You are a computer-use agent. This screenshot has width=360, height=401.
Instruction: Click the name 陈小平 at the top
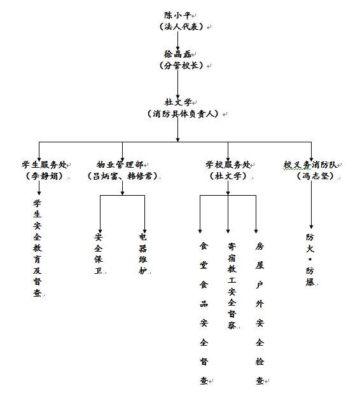[x=177, y=15]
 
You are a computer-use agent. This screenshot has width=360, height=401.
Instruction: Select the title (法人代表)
[x=181, y=26]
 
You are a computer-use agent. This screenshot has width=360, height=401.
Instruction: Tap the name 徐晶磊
[x=177, y=54]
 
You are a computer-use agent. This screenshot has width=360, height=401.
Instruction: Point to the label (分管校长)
[x=181, y=65]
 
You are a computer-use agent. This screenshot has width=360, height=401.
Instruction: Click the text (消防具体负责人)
[x=183, y=114]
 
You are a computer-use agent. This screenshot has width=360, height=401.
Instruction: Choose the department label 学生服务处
[x=44, y=165]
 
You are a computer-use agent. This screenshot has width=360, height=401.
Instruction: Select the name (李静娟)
[x=45, y=175]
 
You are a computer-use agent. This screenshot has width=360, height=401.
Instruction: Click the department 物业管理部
[x=120, y=165]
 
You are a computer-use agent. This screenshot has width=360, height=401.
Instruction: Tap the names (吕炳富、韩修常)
[x=122, y=175]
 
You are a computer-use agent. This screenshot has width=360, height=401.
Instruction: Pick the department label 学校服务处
[x=228, y=165]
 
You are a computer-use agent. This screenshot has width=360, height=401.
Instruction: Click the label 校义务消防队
[x=310, y=165]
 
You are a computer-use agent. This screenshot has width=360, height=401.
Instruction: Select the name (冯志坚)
[x=315, y=175]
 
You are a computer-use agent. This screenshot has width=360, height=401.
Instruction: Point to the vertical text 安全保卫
[x=99, y=254]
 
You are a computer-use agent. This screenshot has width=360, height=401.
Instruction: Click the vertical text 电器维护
[x=143, y=254]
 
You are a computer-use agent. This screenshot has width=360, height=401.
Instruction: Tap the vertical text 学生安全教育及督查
[x=37, y=248]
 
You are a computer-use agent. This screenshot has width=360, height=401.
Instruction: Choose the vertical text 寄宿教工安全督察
[x=232, y=285]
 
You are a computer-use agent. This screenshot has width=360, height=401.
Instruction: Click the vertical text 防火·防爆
[x=310, y=259]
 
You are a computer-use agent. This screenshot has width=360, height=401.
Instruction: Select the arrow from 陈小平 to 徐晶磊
[x=177, y=40]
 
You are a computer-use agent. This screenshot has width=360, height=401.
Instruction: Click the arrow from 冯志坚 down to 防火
[x=312, y=205]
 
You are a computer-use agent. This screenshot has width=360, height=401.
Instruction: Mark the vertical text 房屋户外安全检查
[x=260, y=313]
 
